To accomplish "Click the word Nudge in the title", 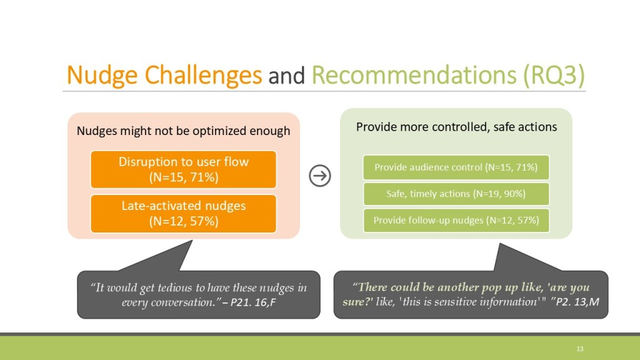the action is click(102, 76).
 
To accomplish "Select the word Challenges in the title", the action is click(203, 76).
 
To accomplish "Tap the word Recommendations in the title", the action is click(414, 75).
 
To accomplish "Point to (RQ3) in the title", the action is click(554, 76).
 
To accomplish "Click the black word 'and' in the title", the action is click(286, 76).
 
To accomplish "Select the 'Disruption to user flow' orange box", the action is click(183, 169).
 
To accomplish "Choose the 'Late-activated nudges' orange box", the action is click(183, 214).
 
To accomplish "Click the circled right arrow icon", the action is click(320, 176).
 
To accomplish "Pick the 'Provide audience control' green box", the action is click(456, 167).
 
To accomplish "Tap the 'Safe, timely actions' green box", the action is click(456, 194).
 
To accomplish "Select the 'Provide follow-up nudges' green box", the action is click(456, 221).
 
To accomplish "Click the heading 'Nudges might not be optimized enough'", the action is click(183, 131).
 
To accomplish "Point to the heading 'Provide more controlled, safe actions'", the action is click(456, 127).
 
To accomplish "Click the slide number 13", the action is click(579, 349).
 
